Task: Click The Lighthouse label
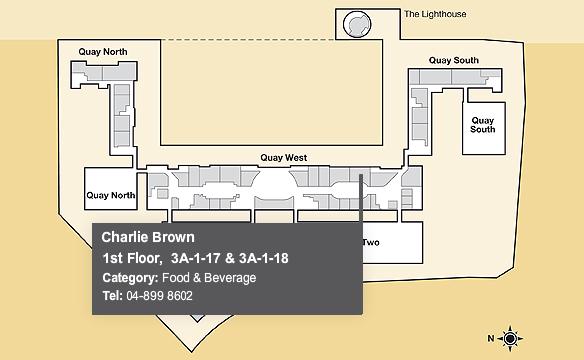click(x=435, y=14)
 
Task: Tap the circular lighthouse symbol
click(x=357, y=25)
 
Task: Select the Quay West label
click(x=284, y=158)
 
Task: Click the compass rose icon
click(x=510, y=339)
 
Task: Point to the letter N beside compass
click(x=491, y=338)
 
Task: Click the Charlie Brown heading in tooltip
click(x=148, y=237)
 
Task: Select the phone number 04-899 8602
click(x=159, y=296)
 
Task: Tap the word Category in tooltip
click(x=130, y=278)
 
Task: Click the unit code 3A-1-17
click(x=196, y=258)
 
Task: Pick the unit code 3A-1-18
click(x=264, y=258)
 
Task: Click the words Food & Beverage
click(x=209, y=278)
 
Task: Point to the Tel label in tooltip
click(x=112, y=296)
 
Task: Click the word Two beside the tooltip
click(x=371, y=243)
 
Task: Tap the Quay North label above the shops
click(x=103, y=52)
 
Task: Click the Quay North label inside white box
click(x=111, y=195)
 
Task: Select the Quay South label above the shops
click(x=454, y=60)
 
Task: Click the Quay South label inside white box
click(x=483, y=125)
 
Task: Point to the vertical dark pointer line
click(x=361, y=198)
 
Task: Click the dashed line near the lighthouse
click(x=248, y=40)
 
